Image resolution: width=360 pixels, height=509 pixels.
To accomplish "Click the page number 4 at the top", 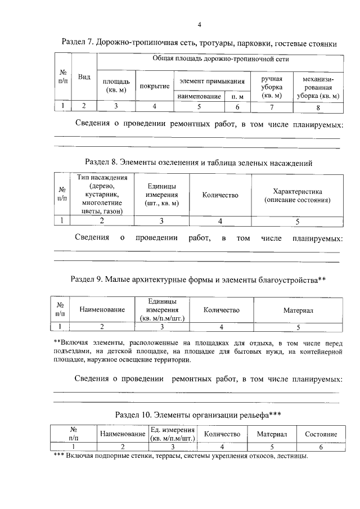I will [x=199, y=24].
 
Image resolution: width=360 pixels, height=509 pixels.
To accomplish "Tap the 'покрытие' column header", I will [x=155, y=85].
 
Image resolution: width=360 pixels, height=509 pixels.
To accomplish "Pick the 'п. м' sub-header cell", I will [x=237, y=96].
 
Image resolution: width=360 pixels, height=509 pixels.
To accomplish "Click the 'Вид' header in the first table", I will [x=84, y=77].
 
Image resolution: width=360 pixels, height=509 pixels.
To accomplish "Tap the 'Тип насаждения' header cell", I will [x=98, y=194].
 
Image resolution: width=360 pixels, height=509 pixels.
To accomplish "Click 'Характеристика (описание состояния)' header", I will [x=297, y=195].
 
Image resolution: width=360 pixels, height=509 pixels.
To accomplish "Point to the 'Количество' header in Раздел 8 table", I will [x=220, y=195].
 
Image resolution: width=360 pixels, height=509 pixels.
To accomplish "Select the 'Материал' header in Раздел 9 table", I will [x=298, y=310].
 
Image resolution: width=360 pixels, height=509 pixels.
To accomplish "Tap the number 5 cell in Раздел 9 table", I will [x=298, y=326].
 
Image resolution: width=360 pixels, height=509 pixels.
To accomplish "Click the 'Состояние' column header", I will [x=321, y=434].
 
